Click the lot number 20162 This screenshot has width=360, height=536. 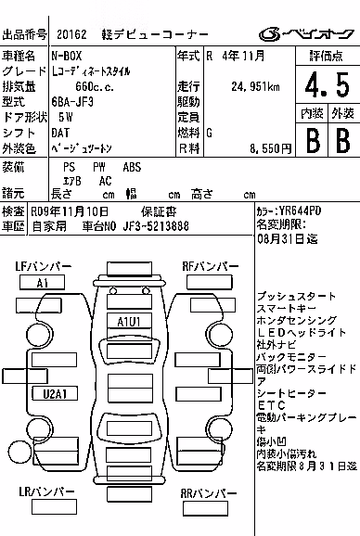click(x=71, y=34)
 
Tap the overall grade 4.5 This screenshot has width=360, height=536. click(x=328, y=85)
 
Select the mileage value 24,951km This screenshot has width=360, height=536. click(x=255, y=86)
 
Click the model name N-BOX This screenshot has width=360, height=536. click(x=66, y=56)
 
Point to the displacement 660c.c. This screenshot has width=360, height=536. click(x=95, y=87)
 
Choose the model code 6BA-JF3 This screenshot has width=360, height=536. click(x=72, y=102)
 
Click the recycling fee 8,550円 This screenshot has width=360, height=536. click(x=270, y=148)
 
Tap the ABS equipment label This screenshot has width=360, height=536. click(x=132, y=167)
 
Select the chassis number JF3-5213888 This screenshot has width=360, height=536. click(x=156, y=226)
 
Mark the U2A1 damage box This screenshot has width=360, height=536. click(x=55, y=393)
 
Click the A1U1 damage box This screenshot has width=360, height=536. click(x=129, y=322)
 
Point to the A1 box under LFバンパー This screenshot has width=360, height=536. click(x=42, y=283)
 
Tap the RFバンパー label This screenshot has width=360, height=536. click(x=211, y=266)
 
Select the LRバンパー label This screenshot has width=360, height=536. click(x=46, y=491)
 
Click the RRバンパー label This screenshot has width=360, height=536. click(x=209, y=493)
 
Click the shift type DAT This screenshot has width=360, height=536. click(x=60, y=133)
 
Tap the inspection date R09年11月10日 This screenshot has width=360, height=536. click(x=70, y=211)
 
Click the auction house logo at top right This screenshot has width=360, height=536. click(x=306, y=33)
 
